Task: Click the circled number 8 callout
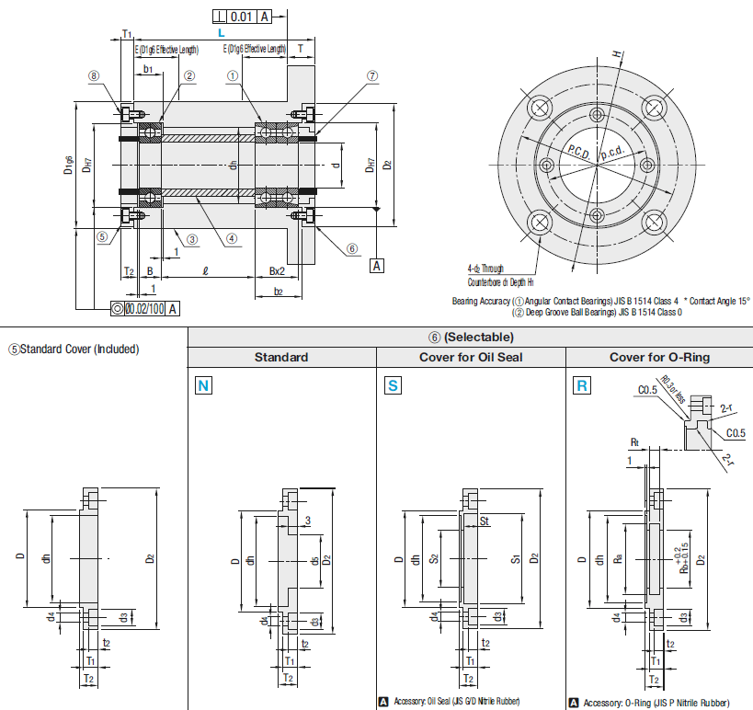[94, 76]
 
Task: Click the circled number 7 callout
[372, 76]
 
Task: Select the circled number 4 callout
[232, 237]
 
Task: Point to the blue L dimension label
[222, 32]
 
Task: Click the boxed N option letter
[203, 385]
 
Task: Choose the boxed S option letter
[393, 385]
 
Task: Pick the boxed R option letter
[581, 385]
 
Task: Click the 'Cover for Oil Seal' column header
[471, 357]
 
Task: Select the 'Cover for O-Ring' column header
[659, 357]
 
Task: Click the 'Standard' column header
[281, 357]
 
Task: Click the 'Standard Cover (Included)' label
[74, 349]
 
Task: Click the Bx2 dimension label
[276, 271]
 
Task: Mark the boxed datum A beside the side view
[377, 266]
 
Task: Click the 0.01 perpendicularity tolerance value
[242, 17]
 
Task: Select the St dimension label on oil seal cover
[484, 521]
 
